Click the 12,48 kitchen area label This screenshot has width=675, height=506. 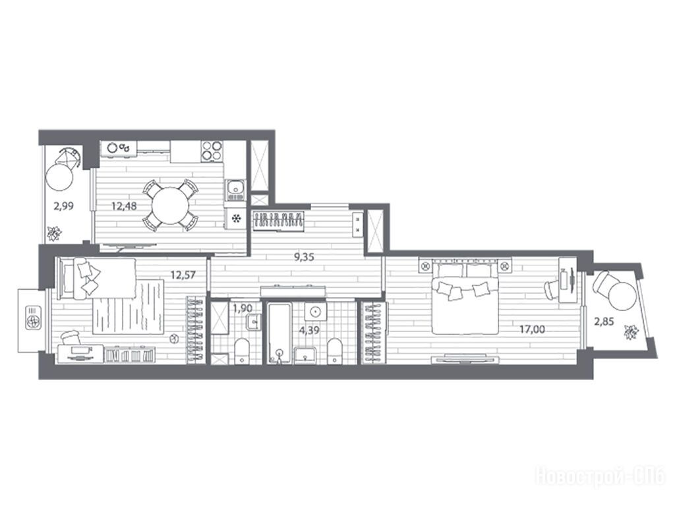click(124, 206)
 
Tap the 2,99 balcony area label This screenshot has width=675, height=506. click(63, 206)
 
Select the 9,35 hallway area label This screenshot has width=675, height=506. click(304, 258)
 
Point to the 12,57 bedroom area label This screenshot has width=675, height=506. click(183, 275)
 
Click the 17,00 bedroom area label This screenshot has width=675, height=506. click(532, 329)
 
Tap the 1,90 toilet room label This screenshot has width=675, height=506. click(242, 308)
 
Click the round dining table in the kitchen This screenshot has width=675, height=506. click(170, 206)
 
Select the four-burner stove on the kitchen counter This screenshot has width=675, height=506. click(212, 152)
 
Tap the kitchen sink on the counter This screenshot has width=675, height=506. click(235, 189)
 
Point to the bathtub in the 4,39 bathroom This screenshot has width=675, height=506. click(279, 333)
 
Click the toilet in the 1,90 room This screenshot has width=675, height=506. click(243, 351)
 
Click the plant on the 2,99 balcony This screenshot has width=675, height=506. click(54, 233)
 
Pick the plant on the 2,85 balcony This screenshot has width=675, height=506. click(631, 332)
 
